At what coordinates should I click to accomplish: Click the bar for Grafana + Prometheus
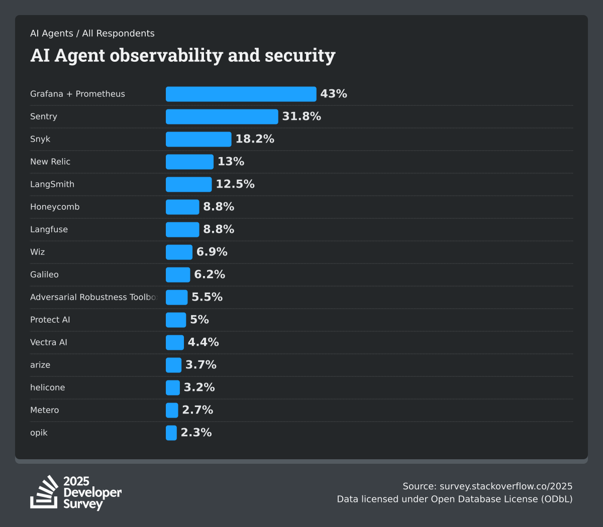pyautogui.click(x=241, y=94)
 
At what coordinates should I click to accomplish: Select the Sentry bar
pyautogui.click(x=222, y=117)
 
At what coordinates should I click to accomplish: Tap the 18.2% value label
pyautogui.click(x=255, y=139)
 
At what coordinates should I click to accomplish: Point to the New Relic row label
pyautogui.click(x=50, y=162)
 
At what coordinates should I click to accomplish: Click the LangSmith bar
pyautogui.click(x=188, y=185)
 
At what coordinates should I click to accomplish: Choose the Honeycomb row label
pyautogui.click(x=55, y=207)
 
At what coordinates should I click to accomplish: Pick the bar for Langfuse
pyautogui.click(x=182, y=230)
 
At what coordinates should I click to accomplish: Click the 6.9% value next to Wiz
pyautogui.click(x=212, y=252)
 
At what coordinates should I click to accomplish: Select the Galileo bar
pyautogui.click(x=178, y=275)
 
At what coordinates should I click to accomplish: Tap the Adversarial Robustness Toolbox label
pyautogui.click(x=93, y=297)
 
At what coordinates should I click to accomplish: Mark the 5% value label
pyautogui.click(x=199, y=320)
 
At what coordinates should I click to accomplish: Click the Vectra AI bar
pyautogui.click(x=175, y=343)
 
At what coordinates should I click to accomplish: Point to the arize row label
pyautogui.click(x=40, y=365)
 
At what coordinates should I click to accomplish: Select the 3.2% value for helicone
pyautogui.click(x=199, y=387)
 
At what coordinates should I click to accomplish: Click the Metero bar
pyautogui.click(x=172, y=411)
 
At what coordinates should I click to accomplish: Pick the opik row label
pyautogui.click(x=39, y=433)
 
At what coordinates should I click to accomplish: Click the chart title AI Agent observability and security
pyautogui.click(x=182, y=55)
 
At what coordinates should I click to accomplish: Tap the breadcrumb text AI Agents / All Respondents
pyautogui.click(x=92, y=34)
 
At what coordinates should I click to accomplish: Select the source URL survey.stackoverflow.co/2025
pyautogui.click(x=506, y=486)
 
